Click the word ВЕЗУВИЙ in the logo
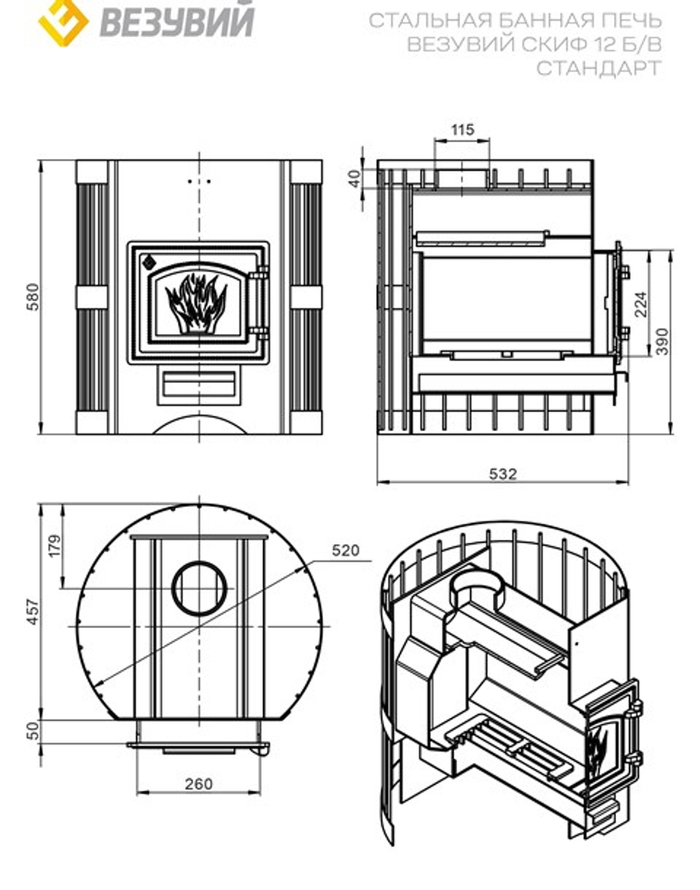click(x=176, y=20)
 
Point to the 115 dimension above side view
click(x=462, y=130)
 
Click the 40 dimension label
click(x=355, y=178)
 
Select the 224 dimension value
click(x=640, y=304)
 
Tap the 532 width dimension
click(x=503, y=474)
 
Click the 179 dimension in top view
click(x=55, y=545)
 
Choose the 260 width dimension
click(x=198, y=784)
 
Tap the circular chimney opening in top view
click(x=200, y=587)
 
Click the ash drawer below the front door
click(x=199, y=384)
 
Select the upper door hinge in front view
click(x=261, y=273)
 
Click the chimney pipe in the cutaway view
click(x=477, y=585)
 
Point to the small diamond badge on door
click(x=148, y=263)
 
